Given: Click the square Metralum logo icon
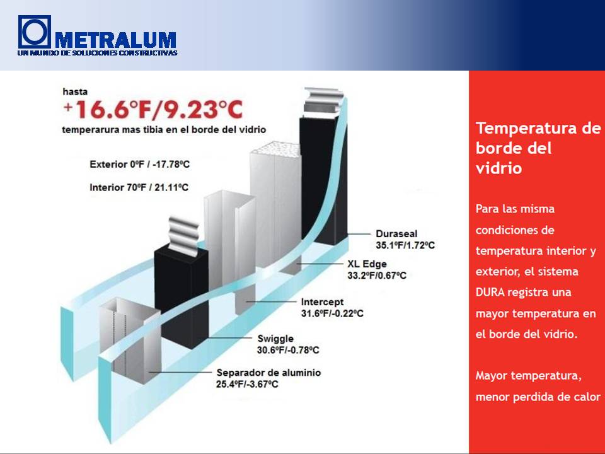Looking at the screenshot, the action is [x=34, y=32].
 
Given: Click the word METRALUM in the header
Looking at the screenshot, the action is [x=116, y=40].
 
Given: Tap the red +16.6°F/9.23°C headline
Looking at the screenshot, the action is [x=153, y=109].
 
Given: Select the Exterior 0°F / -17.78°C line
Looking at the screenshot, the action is [x=140, y=165].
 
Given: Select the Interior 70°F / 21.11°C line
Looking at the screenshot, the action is [x=139, y=188].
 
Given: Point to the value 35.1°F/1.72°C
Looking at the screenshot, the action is [x=405, y=245].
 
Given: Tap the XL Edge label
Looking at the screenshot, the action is [x=367, y=264].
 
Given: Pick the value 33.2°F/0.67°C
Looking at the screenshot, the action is [x=377, y=276].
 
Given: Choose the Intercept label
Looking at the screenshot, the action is [x=322, y=302].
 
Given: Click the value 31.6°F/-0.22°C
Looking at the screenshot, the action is [x=332, y=313].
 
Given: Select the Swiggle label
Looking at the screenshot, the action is [x=275, y=339].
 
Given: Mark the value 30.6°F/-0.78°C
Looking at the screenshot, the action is [x=288, y=351].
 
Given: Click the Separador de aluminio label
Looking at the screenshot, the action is [x=268, y=373].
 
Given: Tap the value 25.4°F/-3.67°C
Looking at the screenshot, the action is [x=247, y=385].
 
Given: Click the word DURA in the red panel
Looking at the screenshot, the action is [x=490, y=292].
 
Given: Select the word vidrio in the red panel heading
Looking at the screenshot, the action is [x=499, y=168].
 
